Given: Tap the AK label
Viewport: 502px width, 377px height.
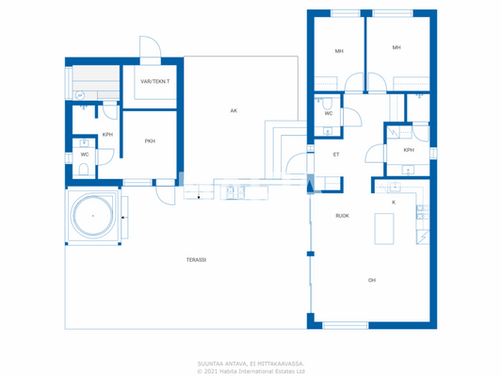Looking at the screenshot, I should (234, 110).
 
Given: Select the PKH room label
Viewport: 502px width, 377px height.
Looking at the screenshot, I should (149, 141).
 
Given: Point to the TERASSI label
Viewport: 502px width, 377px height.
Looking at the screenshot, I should (196, 259).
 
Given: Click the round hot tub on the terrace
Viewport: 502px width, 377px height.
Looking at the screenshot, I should (93, 216).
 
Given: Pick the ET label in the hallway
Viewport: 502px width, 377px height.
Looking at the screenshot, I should (335, 154).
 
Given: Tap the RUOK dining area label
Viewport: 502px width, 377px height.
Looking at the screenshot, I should (342, 216).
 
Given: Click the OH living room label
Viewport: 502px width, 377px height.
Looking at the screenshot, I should (371, 279).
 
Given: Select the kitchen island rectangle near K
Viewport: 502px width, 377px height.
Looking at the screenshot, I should (384, 228).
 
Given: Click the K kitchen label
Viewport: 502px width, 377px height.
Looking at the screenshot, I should (393, 202).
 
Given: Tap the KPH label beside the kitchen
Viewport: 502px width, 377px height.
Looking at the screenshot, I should (408, 150).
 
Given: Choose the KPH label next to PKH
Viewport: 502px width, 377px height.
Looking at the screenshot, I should (108, 135).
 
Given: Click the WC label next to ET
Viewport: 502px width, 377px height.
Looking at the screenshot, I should (328, 113).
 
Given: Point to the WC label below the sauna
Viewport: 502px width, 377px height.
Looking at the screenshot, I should (84, 154).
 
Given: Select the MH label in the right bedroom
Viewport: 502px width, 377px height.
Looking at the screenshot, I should (397, 47).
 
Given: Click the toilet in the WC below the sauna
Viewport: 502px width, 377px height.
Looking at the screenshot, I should (84, 171).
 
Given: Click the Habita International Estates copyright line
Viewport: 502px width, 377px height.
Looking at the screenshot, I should (251, 370).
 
